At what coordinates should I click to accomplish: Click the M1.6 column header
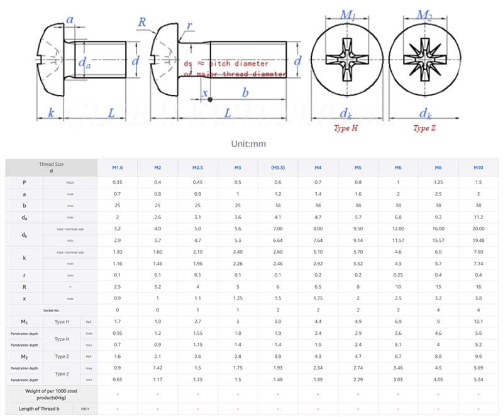[x=117, y=168]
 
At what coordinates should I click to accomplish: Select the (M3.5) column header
[x=278, y=168]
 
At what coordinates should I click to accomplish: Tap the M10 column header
[x=479, y=168]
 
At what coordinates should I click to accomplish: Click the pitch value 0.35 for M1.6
[x=117, y=182]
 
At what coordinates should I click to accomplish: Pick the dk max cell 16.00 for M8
[x=439, y=229]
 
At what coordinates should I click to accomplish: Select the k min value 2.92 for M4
[x=318, y=264]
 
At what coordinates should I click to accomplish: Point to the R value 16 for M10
[x=479, y=287]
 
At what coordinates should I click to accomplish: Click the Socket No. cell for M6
[x=399, y=310]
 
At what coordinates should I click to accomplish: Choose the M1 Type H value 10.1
[x=479, y=322]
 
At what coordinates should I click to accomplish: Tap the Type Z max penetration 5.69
[x=479, y=368]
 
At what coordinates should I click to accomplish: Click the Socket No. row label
[x=52, y=310]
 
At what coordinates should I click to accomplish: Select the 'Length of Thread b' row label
[x=39, y=409]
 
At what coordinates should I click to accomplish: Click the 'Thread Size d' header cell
[x=52, y=168]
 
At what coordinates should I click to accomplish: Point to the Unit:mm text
[x=248, y=144]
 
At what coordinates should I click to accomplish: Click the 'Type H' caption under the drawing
[x=345, y=128]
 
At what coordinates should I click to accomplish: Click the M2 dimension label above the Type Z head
[x=425, y=14]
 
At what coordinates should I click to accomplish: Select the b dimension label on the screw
[x=245, y=92]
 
